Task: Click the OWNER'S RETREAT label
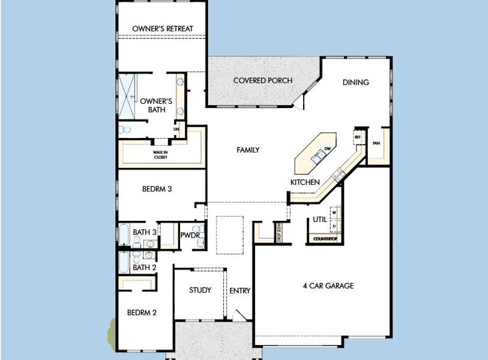[x=162, y=28]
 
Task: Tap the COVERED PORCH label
[x=263, y=80]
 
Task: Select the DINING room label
[x=356, y=82]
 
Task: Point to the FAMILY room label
[x=248, y=150]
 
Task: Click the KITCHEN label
[x=305, y=182]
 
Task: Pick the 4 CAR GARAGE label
[x=328, y=286]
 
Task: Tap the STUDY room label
[x=200, y=290]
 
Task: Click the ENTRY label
[x=240, y=291]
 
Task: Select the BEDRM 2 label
[x=142, y=312]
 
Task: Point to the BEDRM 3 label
[x=157, y=188]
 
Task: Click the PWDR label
[x=190, y=235]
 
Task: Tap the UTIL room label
[x=320, y=220]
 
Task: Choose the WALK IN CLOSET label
[x=160, y=155]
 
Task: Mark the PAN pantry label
[x=376, y=143]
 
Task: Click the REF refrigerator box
[x=358, y=137]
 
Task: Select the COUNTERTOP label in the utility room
[x=326, y=239]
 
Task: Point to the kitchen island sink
[x=318, y=158]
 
